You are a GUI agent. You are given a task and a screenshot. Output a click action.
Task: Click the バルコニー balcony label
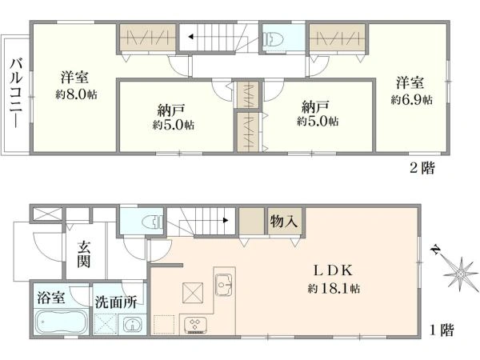point(16,94)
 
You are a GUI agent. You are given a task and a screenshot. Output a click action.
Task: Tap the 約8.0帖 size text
point(76,94)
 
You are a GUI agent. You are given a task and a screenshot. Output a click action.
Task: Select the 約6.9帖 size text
point(411,100)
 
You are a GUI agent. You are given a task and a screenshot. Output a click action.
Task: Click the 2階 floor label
point(422,168)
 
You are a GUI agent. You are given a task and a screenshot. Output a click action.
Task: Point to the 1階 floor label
point(442,330)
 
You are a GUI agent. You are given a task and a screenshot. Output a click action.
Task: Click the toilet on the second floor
point(273,40)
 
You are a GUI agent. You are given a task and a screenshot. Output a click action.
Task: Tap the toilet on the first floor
point(153,222)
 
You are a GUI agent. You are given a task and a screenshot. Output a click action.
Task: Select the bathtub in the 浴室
point(60,322)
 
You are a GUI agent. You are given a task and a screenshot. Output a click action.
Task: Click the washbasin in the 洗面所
point(132,325)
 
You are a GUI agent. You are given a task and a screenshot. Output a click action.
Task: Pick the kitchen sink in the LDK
point(224,284)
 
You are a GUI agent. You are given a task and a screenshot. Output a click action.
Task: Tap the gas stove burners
point(195,325)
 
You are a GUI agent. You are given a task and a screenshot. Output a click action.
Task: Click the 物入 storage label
point(284,221)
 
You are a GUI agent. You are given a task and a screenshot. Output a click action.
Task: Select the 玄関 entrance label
point(83,254)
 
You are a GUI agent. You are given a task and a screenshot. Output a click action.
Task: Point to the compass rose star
point(459,273)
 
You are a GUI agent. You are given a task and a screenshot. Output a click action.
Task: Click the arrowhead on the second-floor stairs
point(190,37)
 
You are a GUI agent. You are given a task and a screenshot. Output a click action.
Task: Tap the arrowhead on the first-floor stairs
point(226,220)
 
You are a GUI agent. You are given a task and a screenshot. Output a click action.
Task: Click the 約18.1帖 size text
point(334,288)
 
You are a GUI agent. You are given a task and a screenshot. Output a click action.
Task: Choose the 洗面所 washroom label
point(115,302)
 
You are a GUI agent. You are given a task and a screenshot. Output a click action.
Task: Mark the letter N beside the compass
point(434,250)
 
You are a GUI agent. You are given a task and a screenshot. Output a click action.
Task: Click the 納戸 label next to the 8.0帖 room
point(171,110)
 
